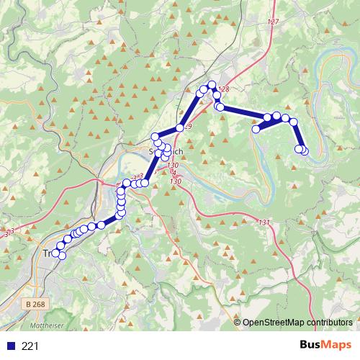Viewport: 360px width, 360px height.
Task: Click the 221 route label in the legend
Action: click(31, 346)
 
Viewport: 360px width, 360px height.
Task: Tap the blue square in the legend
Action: click(12, 346)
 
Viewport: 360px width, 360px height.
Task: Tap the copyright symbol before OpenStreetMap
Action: click(238, 323)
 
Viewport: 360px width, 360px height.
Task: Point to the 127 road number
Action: click(272, 22)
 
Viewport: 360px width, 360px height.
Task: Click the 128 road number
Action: click(224, 89)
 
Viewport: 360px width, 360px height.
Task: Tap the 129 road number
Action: click(187, 127)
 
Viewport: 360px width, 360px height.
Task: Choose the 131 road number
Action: click(264, 222)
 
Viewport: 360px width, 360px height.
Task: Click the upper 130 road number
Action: click(172, 166)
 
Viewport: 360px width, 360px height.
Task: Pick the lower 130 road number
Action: click(175, 182)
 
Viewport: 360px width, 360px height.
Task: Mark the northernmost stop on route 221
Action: click(212, 85)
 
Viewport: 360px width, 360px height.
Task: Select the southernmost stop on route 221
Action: click(62, 256)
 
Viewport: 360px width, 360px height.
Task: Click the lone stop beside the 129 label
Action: click(180, 129)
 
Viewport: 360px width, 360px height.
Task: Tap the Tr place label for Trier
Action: click(48, 253)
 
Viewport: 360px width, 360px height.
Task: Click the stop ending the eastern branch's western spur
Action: click(256, 130)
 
